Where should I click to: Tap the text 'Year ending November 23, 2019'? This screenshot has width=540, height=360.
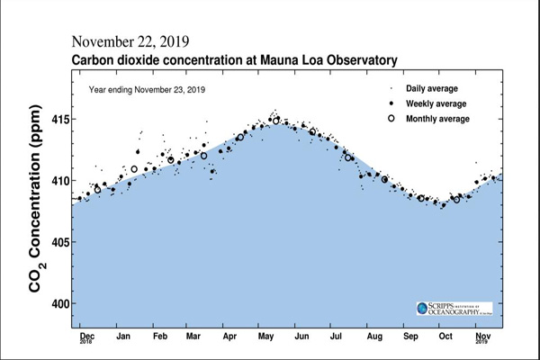coord(147,90)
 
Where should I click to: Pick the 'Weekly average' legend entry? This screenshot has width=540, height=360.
coord(435,103)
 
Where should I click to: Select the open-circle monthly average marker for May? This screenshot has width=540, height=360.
coord(276,120)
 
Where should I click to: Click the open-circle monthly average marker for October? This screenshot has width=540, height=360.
coord(456,199)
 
